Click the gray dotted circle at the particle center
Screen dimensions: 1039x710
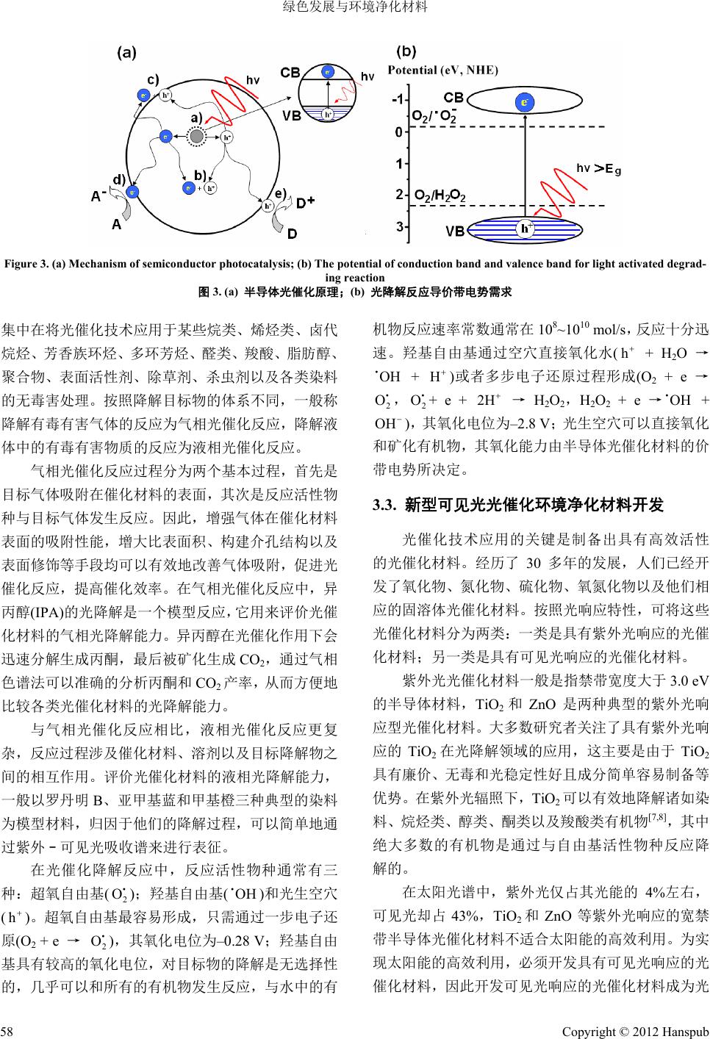click(196, 136)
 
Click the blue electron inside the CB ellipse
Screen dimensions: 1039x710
click(524, 102)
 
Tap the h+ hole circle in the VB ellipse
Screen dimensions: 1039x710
click(526, 229)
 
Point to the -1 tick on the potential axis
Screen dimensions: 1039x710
click(399, 100)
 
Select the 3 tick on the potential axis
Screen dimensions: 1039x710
click(400, 228)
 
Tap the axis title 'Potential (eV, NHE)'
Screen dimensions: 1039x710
click(442, 71)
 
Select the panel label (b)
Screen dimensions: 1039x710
click(406, 52)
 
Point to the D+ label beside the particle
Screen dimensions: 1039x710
click(305, 200)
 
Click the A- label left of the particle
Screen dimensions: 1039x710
click(98, 197)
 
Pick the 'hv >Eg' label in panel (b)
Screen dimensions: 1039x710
click(598, 169)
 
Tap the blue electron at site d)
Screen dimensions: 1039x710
click(133, 191)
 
